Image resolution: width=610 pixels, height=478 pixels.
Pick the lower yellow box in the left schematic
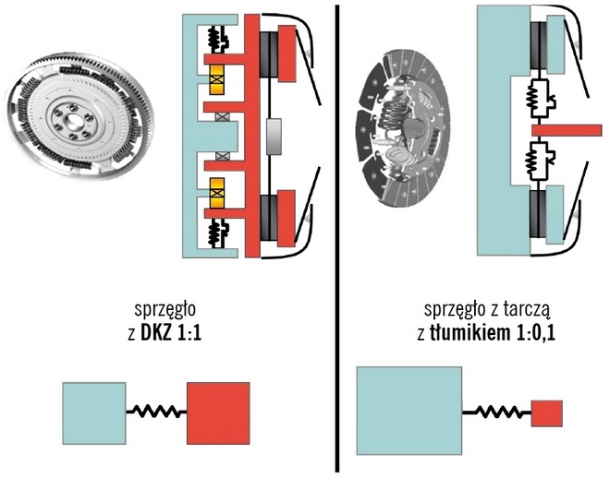[219, 195]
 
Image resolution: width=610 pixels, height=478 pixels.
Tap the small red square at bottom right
[546, 412]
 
